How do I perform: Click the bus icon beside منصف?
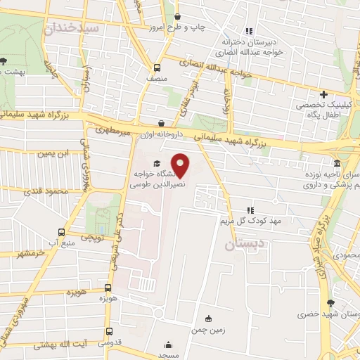tap(157, 68)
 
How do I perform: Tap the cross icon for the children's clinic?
tap(324, 94)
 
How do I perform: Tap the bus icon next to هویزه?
tap(108, 288)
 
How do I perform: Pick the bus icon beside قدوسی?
tap(108, 330)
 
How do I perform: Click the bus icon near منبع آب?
tap(61, 232)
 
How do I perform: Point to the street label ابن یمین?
tap(53, 153)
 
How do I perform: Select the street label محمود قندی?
tap(46, 191)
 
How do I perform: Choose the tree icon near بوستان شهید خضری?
tap(329, 303)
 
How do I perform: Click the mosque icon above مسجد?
tap(168, 345)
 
